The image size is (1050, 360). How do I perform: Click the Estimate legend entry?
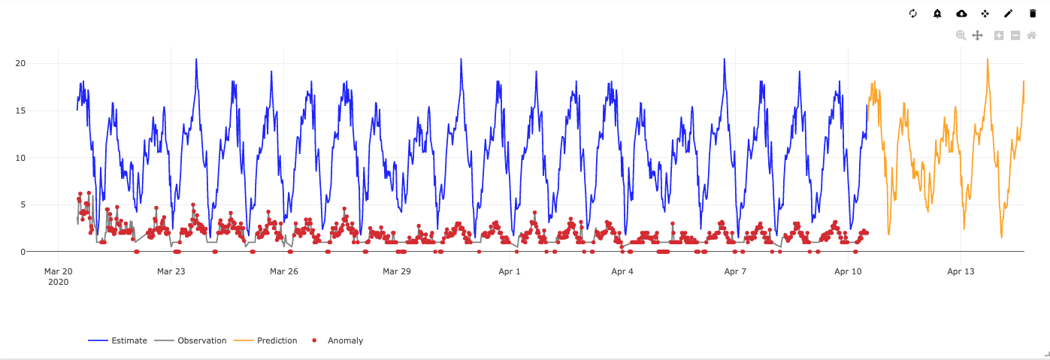click(x=118, y=340)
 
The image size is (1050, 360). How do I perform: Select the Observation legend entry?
click(x=191, y=340)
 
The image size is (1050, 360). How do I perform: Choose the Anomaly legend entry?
click(x=338, y=340)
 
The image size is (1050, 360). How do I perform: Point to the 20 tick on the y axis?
click(x=20, y=63)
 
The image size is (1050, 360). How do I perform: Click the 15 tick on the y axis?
click(x=20, y=110)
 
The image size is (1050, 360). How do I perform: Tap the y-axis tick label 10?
click(x=20, y=158)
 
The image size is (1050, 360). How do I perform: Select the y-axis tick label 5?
click(x=23, y=205)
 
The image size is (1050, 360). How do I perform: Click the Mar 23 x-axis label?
click(x=171, y=271)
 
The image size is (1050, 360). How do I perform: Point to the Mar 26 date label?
click(x=284, y=271)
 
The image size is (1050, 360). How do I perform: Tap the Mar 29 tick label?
click(x=397, y=271)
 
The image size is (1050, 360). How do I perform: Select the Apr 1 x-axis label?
click(x=510, y=271)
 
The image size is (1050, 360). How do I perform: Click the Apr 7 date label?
click(x=735, y=271)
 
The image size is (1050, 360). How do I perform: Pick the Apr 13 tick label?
click(x=961, y=271)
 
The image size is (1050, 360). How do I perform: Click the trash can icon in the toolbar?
click(x=1033, y=14)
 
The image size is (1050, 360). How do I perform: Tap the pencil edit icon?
click(x=1008, y=14)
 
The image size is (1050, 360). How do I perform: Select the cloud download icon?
click(x=961, y=14)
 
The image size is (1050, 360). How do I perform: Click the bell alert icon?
click(x=937, y=14)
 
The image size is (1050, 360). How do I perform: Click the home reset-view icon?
click(x=1032, y=35)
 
